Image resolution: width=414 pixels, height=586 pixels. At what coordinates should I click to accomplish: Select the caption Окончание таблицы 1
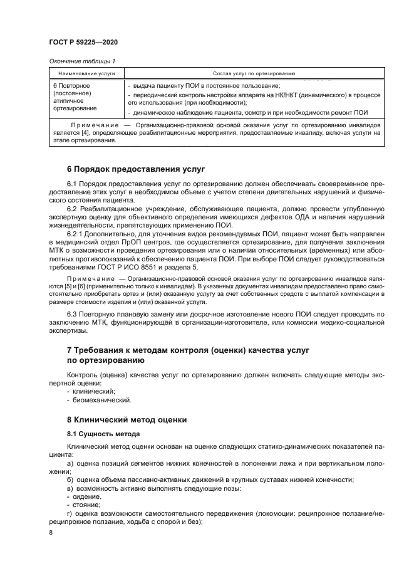pyautogui.click(x=81, y=61)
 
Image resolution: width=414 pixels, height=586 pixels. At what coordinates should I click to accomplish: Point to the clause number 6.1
pyautogui.click(x=72, y=182)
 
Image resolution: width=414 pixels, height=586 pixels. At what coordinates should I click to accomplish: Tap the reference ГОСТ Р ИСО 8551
pyautogui.click(x=132, y=267)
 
